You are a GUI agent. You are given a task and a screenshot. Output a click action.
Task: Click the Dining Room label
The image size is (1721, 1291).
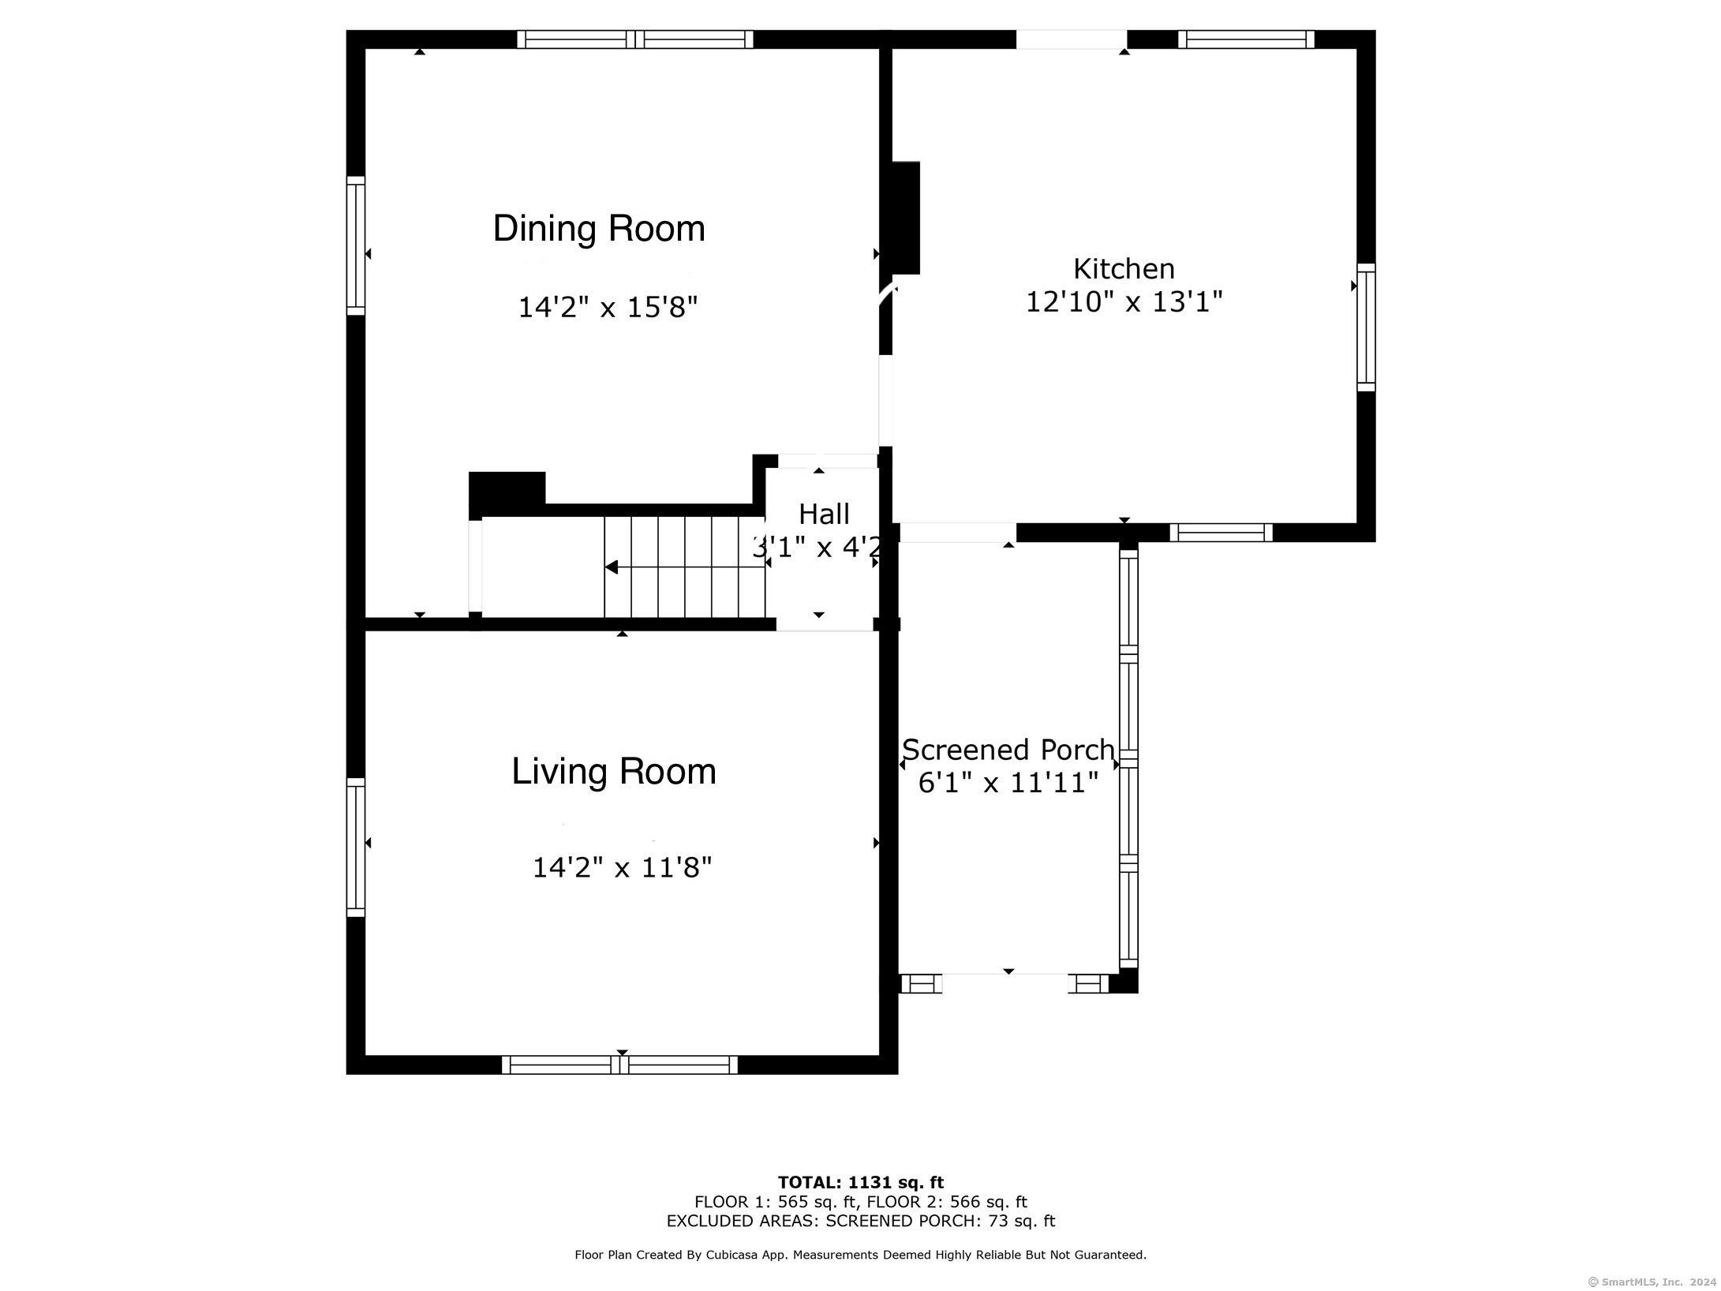point(598,229)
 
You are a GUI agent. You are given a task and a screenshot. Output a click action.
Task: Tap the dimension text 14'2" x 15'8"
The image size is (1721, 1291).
point(608,307)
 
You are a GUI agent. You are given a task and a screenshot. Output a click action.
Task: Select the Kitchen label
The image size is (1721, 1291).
point(1123,269)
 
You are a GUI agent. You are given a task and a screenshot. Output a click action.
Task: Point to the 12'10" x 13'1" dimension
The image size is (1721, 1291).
point(1123,301)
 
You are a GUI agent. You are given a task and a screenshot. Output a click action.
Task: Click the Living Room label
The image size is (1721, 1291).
point(613,771)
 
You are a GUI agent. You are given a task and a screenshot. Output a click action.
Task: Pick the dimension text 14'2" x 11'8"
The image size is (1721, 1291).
point(622,868)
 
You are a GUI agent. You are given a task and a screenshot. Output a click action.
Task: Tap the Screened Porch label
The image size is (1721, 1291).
point(1008,749)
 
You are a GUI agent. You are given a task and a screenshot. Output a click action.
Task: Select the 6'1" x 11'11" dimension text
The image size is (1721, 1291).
point(1008,783)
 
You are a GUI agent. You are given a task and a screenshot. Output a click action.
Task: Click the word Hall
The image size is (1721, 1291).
point(824,515)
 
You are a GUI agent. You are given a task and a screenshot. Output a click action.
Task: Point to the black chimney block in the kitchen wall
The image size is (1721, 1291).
point(905,217)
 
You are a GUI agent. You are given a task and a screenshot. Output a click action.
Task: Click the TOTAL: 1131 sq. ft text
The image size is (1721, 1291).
point(860,1182)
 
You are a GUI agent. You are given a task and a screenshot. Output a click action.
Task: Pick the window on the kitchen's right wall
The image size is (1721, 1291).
point(1365,327)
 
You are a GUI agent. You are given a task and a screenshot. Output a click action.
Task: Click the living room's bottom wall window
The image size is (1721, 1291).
point(619,1065)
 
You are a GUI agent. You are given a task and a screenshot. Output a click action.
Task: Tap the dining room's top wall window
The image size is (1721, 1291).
point(634,39)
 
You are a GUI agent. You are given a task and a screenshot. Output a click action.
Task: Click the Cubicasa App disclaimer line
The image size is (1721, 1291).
point(860,1255)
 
